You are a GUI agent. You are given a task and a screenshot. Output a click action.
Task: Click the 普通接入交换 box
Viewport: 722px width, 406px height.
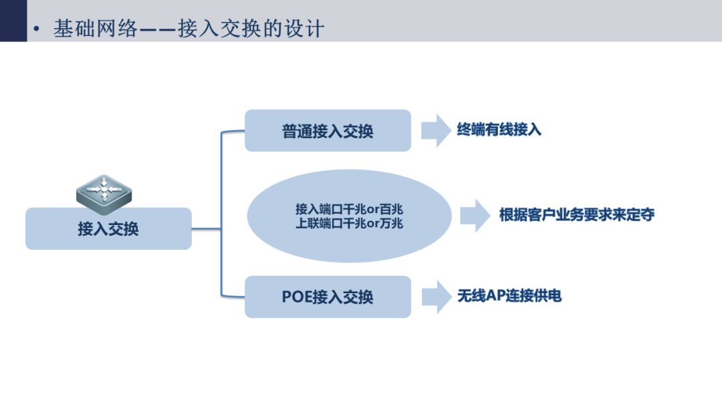point(328,131)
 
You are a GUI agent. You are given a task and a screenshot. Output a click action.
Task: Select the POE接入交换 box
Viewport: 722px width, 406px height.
point(328,296)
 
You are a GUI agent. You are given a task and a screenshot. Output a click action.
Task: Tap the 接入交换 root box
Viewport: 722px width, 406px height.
point(108,228)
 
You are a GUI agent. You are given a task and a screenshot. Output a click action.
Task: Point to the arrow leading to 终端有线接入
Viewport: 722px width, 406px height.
point(436,131)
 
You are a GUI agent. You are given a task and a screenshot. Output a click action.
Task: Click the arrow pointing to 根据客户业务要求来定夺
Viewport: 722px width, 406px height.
point(475,215)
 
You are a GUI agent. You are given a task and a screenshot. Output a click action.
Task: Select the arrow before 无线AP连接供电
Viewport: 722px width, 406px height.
point(436,296)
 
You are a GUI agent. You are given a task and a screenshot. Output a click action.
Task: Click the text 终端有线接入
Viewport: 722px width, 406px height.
point(499,130)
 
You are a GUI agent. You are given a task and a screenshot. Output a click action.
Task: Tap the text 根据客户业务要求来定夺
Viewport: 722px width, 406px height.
point(576,214)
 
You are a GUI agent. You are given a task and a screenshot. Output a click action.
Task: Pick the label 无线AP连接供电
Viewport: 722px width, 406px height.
point(509,296)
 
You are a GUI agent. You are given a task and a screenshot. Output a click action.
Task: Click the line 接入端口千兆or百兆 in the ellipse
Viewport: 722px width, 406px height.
point(349,209)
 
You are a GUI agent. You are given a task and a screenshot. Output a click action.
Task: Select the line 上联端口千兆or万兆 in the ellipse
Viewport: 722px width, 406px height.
point(349,224)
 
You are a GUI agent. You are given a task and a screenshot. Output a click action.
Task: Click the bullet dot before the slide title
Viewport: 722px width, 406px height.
point(37,29)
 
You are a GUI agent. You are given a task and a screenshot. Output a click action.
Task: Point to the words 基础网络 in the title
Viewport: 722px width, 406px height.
point(96,29)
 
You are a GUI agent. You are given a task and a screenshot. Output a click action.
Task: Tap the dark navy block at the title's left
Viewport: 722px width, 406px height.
point(13,21)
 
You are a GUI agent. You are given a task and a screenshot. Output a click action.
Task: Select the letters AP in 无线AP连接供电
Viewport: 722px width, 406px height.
point(495,296)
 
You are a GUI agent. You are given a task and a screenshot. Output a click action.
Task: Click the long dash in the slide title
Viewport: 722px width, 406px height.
point(158,30)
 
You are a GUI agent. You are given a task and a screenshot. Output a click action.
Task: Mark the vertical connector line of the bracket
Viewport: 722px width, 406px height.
point(221,214)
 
